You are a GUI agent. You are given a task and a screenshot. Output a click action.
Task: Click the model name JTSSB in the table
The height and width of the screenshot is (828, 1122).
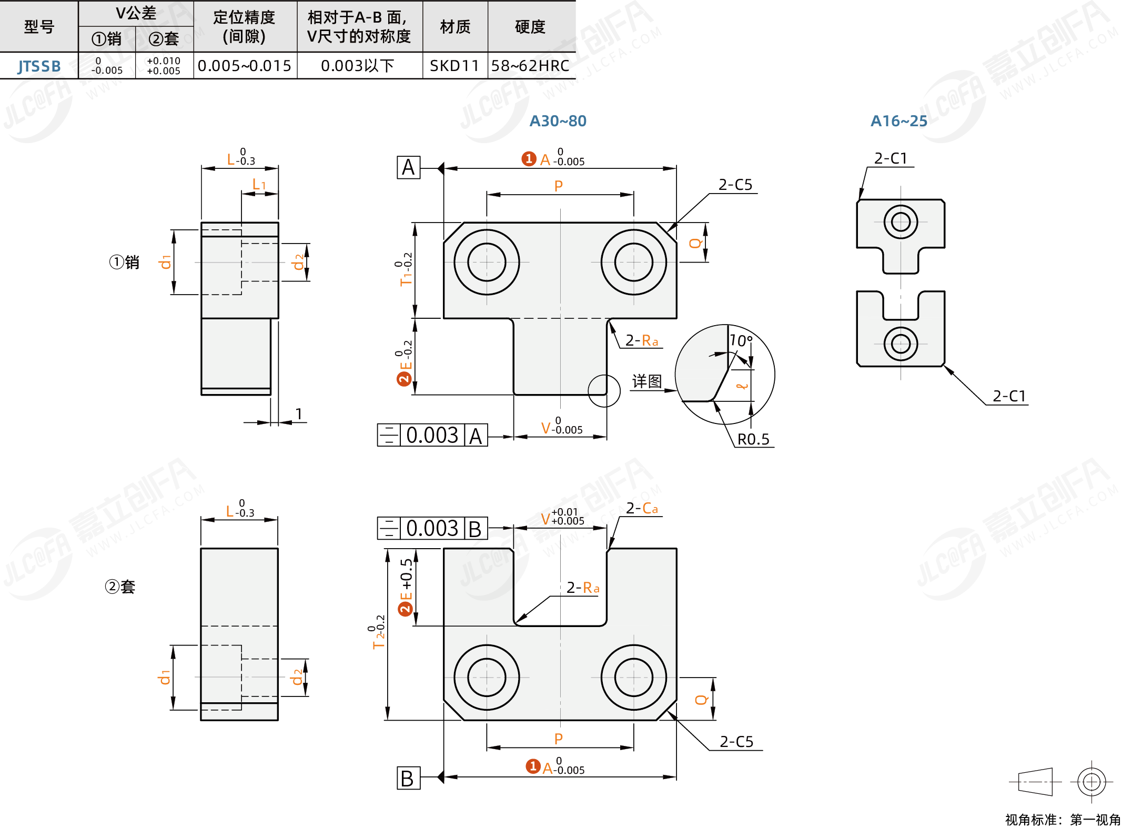[39, 66]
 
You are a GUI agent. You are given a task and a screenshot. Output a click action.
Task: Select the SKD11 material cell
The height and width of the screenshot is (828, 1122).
[454, 66]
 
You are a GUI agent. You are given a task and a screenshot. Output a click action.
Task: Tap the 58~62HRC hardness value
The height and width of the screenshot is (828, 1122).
[530, 66]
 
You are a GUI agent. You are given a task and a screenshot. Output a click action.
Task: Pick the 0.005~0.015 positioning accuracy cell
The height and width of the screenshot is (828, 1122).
[245, 66]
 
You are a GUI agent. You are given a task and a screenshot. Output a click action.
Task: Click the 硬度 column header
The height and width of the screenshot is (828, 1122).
[530, 27]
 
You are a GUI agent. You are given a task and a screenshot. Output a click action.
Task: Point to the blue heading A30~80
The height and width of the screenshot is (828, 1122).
[558, 121]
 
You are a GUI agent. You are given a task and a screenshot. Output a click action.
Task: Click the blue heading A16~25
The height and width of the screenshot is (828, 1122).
[899, 121]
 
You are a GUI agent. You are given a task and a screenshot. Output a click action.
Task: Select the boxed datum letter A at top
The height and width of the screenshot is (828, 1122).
[409, 168]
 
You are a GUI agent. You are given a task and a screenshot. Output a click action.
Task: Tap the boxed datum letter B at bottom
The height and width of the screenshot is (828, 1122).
[409, 778]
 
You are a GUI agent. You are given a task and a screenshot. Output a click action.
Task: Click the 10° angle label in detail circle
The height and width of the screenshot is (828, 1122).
[741, 341]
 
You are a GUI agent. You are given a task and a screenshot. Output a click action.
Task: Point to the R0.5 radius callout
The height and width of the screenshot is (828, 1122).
[753, 439]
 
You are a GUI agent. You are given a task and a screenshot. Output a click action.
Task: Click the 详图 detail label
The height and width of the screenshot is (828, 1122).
[647, 381]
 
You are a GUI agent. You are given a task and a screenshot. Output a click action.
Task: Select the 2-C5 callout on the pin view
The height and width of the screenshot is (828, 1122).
[735, 185]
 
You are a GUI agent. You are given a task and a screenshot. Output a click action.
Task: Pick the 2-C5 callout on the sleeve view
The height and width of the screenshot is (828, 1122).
[736, 742]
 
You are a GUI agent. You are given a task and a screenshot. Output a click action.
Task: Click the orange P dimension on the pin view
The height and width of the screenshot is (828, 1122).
[559, 186]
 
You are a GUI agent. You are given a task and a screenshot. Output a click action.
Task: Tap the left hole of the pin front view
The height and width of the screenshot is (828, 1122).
[487, 262]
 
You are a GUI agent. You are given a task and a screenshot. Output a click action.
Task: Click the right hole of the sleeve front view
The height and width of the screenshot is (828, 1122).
[634, 678]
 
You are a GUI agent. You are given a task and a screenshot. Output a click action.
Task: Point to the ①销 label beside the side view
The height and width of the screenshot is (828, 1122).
[124, 262]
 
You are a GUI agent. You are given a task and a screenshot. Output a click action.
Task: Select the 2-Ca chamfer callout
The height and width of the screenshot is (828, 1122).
[642, 508]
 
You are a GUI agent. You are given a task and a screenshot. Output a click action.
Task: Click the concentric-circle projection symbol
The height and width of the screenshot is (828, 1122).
[1091, 782]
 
